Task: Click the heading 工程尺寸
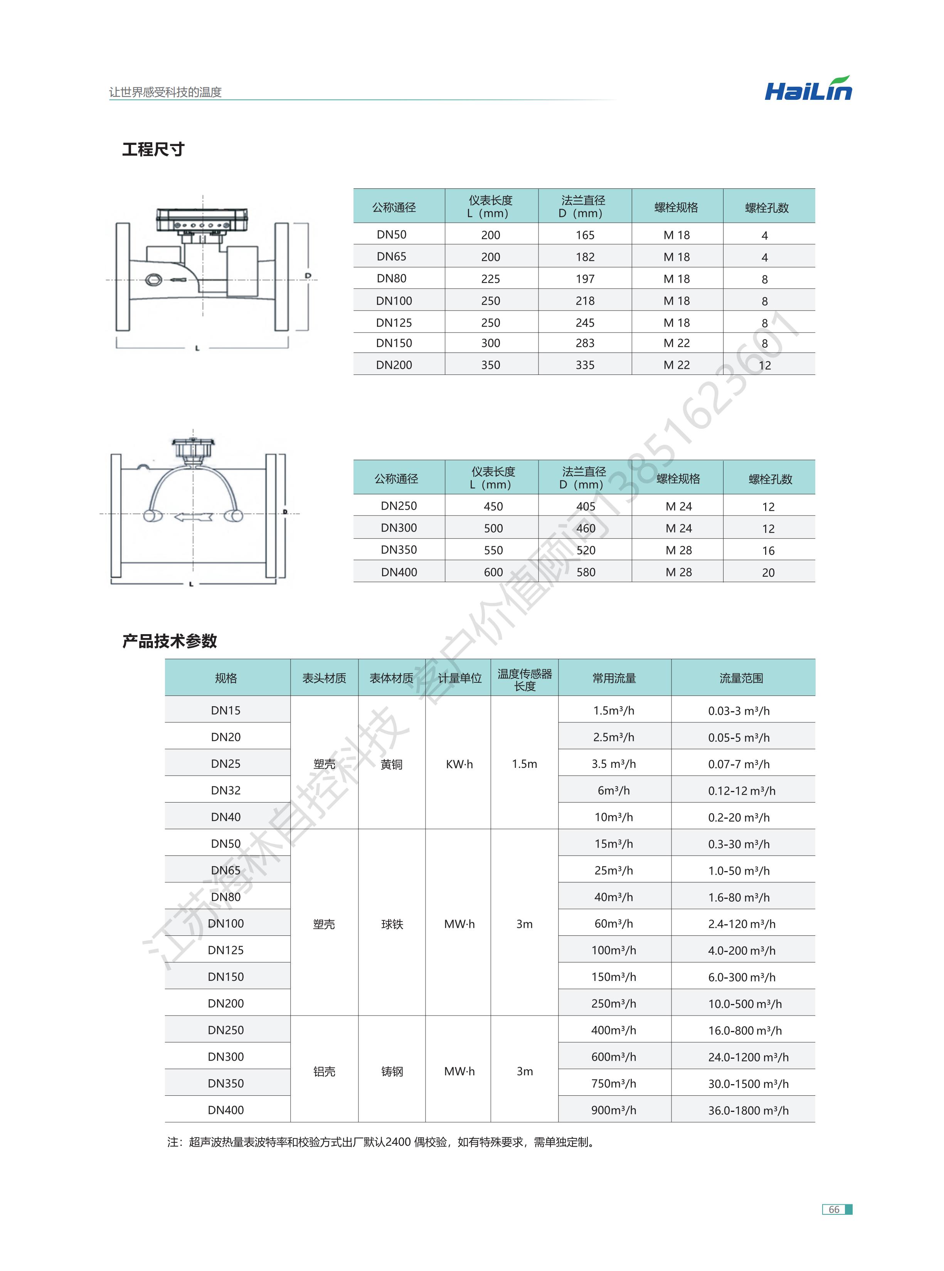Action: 153,149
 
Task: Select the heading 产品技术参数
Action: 169,641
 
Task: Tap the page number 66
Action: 834,1209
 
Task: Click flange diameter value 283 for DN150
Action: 585,343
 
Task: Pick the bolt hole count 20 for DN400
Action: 768,572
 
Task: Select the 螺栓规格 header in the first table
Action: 676,207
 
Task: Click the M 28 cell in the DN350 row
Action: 678,550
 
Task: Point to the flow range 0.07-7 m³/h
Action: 739,764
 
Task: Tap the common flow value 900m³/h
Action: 613,1110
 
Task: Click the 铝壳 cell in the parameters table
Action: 324,1071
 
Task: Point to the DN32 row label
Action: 226,790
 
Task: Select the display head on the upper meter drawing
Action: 203,219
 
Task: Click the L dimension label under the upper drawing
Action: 197,348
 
